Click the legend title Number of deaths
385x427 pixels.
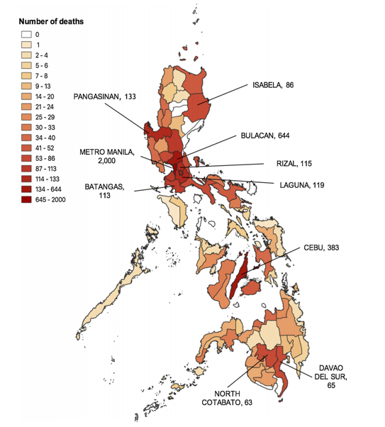click(52, 21)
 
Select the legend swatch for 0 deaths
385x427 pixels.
click(26, 34)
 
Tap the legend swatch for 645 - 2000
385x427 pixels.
click(26, 200)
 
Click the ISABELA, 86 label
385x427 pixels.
click(273, 85)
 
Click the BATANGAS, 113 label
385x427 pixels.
click(105, 192)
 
